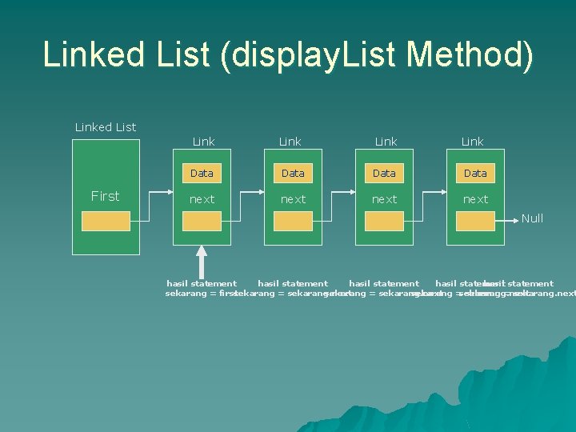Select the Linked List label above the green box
[x=105, y=127]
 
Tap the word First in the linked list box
[x=105, y=196]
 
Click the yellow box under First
[x=106, y=222]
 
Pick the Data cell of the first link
[x=202, y=173]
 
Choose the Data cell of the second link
[x=293, y=173]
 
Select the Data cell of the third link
[x=384, y=173]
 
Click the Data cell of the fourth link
[x=475, y=173]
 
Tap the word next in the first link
[x=202, y=199]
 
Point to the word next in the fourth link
[x=475, y=199]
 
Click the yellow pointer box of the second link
[x=293, y=222]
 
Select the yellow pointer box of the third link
[x=384, y=222]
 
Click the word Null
[x=532, y=218]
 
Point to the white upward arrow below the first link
[x=202, y=259]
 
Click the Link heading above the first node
[x=203, y=142]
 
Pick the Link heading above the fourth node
[x=472, y=142]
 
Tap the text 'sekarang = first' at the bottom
[x=200, y=294]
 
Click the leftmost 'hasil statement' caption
[x=201, y=283]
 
